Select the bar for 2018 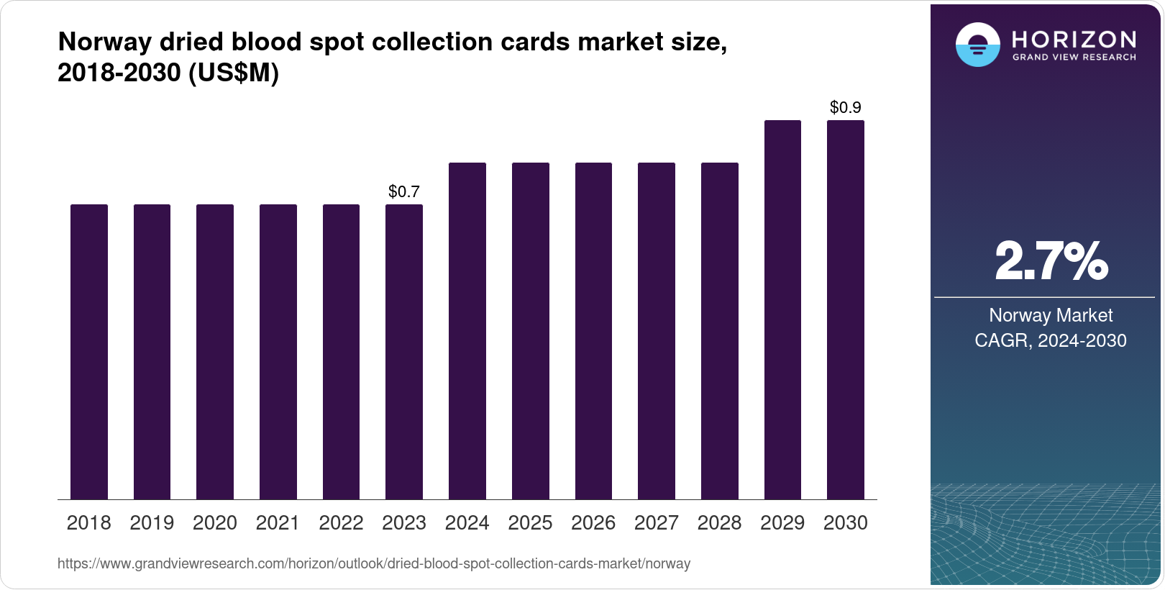click(x=88, y=352)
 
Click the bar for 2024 click(x=467, y=331)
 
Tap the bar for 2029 click(x=782, y=309)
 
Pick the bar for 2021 click(x=278, y=352)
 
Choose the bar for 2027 click(x=656, y=331)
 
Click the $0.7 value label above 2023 click(x=403, y=191)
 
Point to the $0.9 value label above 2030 click(x=845, y=107)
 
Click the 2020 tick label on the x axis click(x=214, y=523)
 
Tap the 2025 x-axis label click(x=530, y=523)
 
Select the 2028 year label click(x=719, y=523)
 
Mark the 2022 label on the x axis click(x=341, y=523)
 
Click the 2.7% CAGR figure click(x=1051, y=262)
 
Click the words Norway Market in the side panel click(x=1051, y=315)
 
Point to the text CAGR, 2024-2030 click(x=1051, y=340)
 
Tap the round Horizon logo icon click(x=977, y=45)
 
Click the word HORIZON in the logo click(x=1074, y=39)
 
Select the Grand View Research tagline click(x=1074, y=58)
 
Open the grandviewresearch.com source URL click(x=373, y=564)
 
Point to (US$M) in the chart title click(x=234, y=73)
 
